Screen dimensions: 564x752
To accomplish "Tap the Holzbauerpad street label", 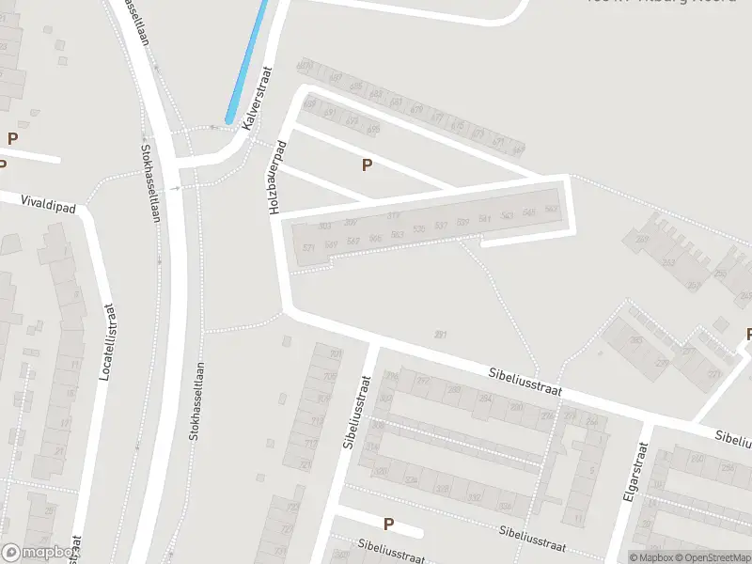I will [x=277, y=179].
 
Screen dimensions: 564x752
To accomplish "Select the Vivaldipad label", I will [x=22, y=199].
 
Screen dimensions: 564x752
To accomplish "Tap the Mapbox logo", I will [x=38, y=553].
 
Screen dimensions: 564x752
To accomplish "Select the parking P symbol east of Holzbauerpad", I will [x=367, y=164].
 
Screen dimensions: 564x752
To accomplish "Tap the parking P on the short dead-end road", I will [x=387, y=524].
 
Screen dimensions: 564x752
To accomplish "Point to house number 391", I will [x=440, y=335].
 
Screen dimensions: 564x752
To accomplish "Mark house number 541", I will [x=484, y=219].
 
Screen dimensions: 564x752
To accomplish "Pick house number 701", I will [x=335, y=354].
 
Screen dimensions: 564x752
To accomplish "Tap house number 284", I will [x=485, y=399].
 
